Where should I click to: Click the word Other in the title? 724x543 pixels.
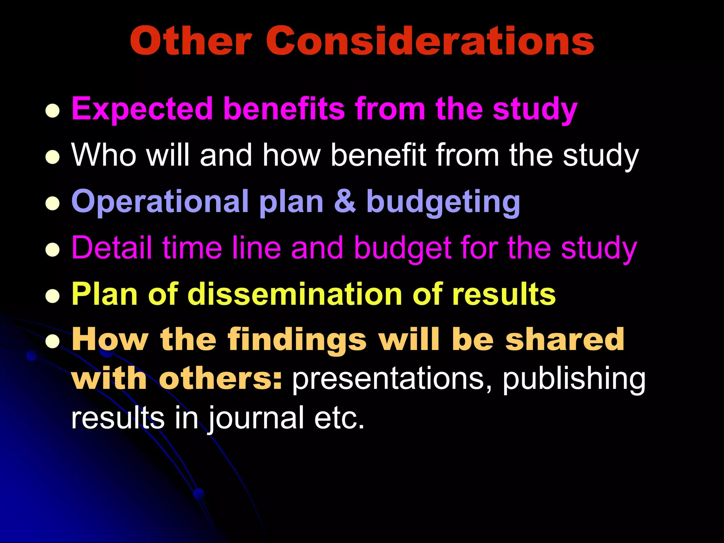191,41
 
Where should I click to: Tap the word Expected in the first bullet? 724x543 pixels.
142,109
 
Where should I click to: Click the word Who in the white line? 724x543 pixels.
104,155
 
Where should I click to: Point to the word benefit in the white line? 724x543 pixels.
379,155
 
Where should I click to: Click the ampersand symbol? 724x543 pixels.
345,202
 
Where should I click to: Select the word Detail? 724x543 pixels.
112,247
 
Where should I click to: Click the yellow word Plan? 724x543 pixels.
104,294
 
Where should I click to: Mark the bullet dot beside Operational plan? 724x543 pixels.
52,204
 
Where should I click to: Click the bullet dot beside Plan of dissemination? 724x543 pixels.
52,296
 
